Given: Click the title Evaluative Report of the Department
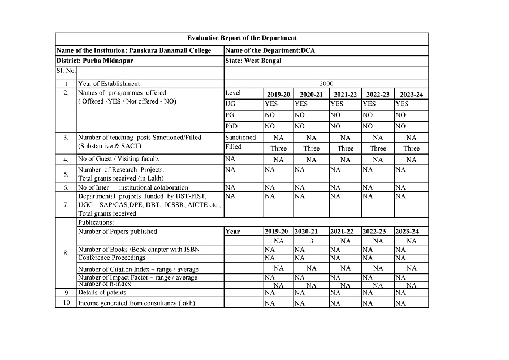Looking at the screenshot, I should [x=242, y=38].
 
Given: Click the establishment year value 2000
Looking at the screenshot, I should [x=326, y=84].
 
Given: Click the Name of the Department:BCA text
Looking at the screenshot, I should [x=270, y=50].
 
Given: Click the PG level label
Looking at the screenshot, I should [x=230, y=115].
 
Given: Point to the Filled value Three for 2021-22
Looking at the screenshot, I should [x=346, y=148].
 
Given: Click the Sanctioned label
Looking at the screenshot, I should [x=240, y=138].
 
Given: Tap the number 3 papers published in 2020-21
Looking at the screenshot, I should [x=311, y=241].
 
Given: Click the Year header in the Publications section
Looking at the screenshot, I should [x=232, y=232].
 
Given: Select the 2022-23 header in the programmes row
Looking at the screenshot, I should [x=378, y=95].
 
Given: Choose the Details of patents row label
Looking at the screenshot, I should [x=100, y=293].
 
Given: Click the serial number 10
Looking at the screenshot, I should [x=66, y=303].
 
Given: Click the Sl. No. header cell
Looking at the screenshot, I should [x=66, y=72].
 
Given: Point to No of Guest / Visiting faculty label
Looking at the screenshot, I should [x=119, y=159].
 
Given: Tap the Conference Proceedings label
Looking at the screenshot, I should [x=111, y=258].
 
